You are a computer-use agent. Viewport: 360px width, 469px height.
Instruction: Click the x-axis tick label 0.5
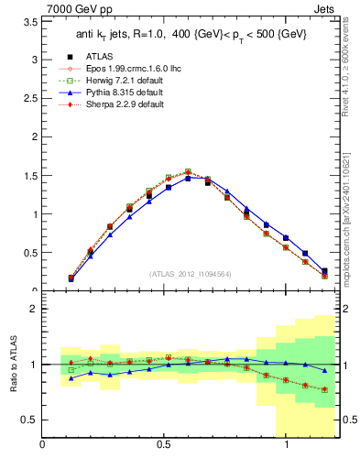164,445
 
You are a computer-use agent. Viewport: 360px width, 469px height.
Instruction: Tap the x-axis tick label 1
287,445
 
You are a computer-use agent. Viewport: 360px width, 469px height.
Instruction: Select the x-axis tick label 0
42,445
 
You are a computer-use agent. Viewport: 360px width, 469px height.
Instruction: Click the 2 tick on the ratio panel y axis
34,310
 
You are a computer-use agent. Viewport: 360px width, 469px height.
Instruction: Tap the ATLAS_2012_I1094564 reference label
191,273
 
